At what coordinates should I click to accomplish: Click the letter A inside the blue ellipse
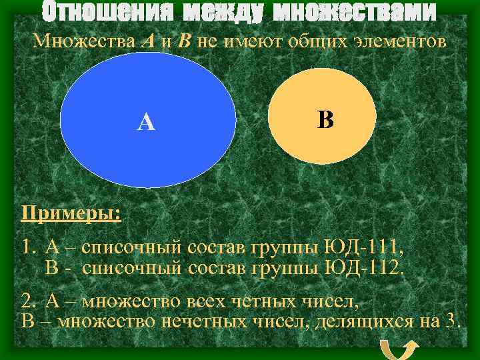click(x=146, y=122)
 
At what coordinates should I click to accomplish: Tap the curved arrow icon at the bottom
click(x=399, y=348)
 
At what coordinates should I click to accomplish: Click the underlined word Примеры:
click(x=71, y=215)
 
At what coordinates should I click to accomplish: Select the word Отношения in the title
click(x=103, y=11)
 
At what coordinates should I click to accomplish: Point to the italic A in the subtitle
click(x=149, y=42)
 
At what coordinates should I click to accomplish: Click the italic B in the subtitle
click(x=185, y=42)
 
